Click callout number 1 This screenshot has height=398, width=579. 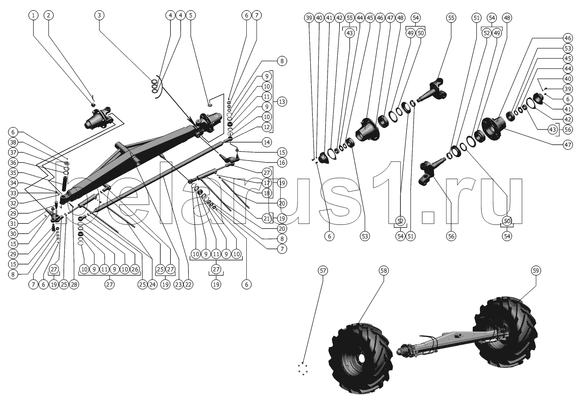(33, 15)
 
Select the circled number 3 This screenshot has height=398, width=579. (99, 15)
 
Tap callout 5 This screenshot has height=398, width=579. (190, 15)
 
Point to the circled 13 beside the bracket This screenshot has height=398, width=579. (282, 102)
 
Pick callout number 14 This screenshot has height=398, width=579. (267, 142)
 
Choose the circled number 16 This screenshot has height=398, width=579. (282, 163)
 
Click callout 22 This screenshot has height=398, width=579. (188, 285)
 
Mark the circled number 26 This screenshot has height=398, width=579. (135, 269)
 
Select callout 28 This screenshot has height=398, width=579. (74, 285)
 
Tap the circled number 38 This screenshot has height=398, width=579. (13, 142)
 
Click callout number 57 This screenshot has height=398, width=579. (323, 271)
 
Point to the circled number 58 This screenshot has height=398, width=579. (383, 271)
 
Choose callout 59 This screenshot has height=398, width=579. (536, 271)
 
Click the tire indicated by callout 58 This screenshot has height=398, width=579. (361, 359)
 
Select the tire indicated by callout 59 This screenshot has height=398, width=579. (506, 332)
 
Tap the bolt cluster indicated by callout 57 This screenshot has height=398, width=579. (302, 368)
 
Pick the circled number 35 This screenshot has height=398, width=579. (13, 173)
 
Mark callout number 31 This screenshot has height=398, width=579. (13, 224)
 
